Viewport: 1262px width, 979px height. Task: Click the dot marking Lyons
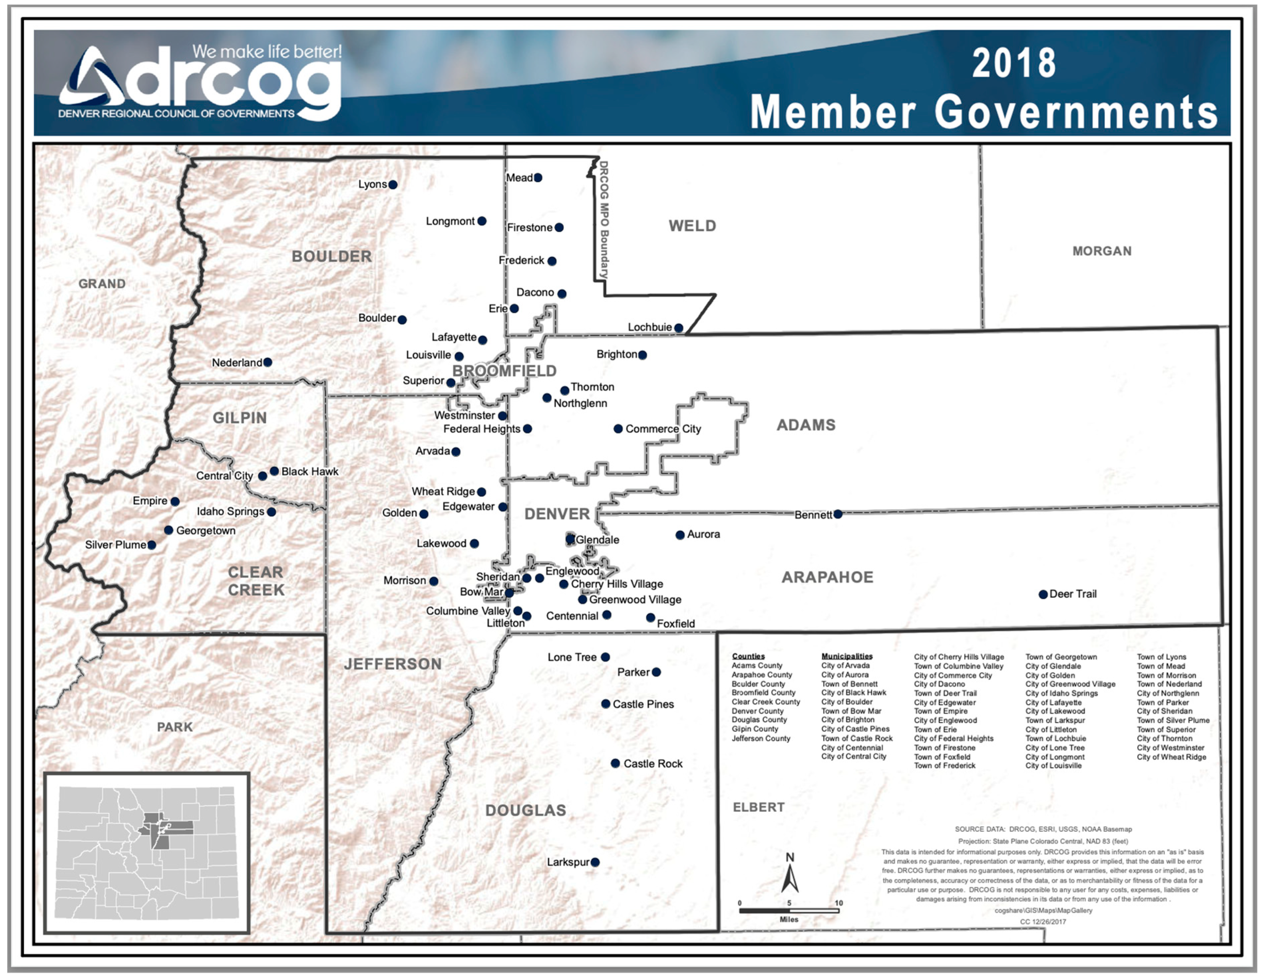393,185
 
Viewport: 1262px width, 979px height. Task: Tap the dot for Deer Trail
1043,594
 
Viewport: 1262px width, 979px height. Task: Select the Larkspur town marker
595,862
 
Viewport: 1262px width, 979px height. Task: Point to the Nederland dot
268,362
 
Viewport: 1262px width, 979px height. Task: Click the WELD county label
692,226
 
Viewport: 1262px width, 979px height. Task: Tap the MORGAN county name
1102,251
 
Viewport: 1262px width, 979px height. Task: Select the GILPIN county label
240,417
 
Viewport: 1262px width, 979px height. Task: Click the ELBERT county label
759,808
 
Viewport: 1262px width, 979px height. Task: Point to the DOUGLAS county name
525,810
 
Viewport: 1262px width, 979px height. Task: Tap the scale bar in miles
789,911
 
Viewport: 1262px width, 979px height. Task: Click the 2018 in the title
1014,63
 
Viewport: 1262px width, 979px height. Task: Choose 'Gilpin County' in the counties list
755,729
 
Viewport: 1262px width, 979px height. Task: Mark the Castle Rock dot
615,764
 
